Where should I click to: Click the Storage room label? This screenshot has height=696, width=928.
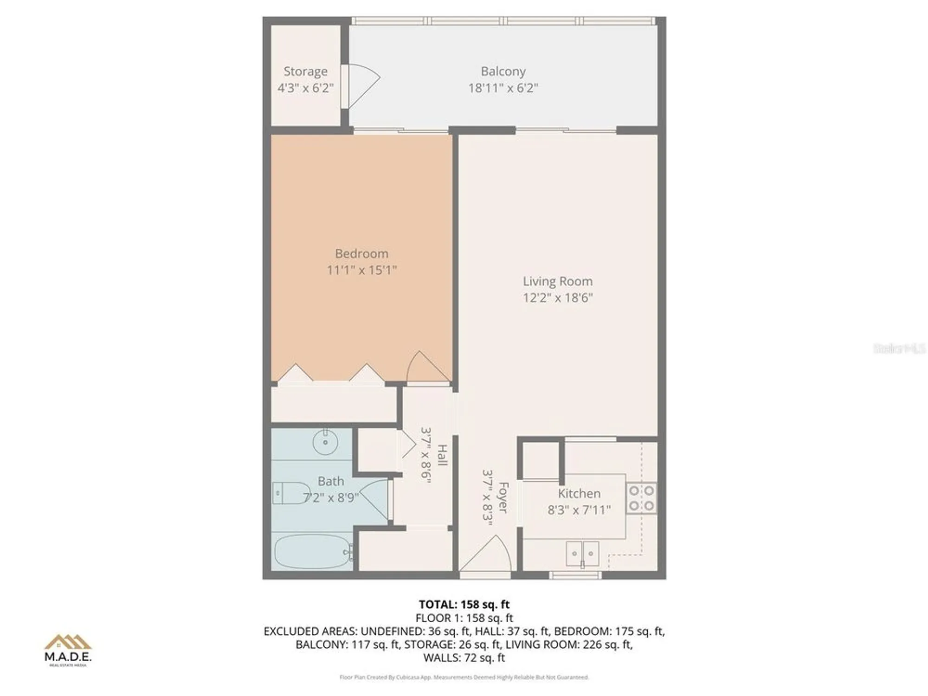point(305,71)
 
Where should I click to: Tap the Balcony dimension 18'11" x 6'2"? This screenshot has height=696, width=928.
point(503,88)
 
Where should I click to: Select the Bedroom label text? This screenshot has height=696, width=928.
point(361,254)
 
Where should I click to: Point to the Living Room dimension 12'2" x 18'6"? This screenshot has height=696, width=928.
point(558,297)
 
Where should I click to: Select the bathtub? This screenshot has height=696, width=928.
point(313,552)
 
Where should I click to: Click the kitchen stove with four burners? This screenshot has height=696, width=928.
point(641,498)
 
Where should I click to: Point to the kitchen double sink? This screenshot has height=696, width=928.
point(582,554)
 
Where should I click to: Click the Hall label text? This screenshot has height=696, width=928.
point(442,455)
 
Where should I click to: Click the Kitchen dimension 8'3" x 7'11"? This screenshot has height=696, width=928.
point(579,510)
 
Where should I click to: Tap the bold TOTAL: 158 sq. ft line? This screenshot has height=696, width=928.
point(464,605)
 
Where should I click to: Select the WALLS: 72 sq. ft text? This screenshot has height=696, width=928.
point(464,657)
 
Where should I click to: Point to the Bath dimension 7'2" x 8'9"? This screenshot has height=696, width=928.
point(331,498)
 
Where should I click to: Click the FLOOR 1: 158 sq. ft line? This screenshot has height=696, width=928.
point(464,618)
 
